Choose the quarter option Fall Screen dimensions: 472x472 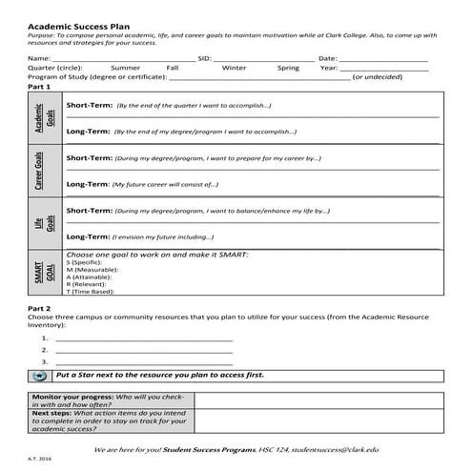pyautogui.click(x=173, y=69)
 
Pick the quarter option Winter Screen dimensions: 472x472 pyautogui.click(x=234, y=69)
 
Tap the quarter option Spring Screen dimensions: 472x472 pyautogui.click(x=288, y=69)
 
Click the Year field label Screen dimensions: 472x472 pyautogui.click(x=328, y=69)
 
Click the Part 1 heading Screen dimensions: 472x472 pyautogui.click(x=39, y=87)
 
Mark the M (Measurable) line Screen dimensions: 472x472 pyautogui.click(x=96, y=270)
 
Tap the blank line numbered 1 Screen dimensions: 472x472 pyautogui.click(x=143, y=339)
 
